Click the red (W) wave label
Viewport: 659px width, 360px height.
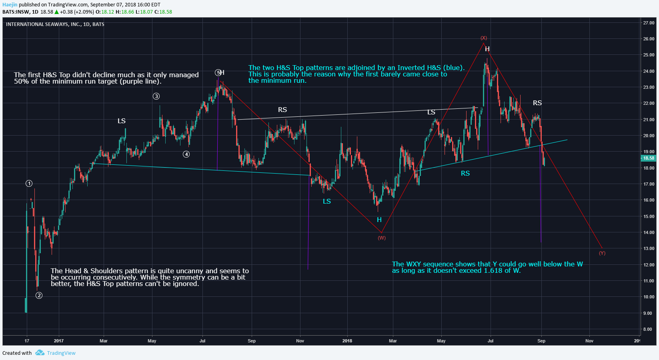[382, 238]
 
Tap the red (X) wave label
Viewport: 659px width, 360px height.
[484, 38]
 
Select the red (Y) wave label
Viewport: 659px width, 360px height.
[602, 253]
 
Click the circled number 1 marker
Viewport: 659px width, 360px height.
[29, 184]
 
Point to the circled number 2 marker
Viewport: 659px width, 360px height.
[39, 296]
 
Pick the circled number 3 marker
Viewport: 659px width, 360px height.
[156, 96]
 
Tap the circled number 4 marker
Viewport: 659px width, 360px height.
[186, 154]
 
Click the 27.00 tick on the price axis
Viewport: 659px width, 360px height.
[649, 23]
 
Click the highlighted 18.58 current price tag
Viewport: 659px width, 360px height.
[649, 158]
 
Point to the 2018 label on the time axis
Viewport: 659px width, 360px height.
[347, 341]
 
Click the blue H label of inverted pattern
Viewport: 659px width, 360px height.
[379, 220]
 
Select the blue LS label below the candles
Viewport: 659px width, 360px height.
[327, 201]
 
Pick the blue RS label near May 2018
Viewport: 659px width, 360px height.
[465, 173]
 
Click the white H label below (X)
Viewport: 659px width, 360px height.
[487, 49]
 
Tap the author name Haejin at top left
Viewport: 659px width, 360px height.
[10, 5]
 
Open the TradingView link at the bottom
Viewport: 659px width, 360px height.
[61, 353]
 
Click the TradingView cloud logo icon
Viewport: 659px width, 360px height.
[40, 353]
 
